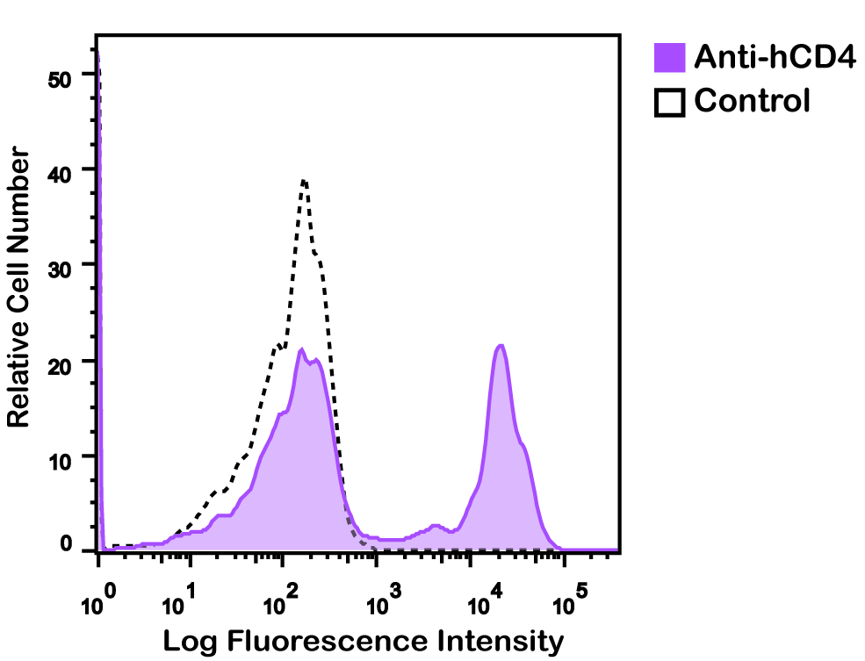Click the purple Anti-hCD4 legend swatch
pos(668,58)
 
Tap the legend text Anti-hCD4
pos(774,57)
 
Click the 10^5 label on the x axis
pos(571,605)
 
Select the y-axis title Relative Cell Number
pos(19,288)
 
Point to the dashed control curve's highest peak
pos(304,181)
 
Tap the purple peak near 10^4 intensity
pos(501,346)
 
